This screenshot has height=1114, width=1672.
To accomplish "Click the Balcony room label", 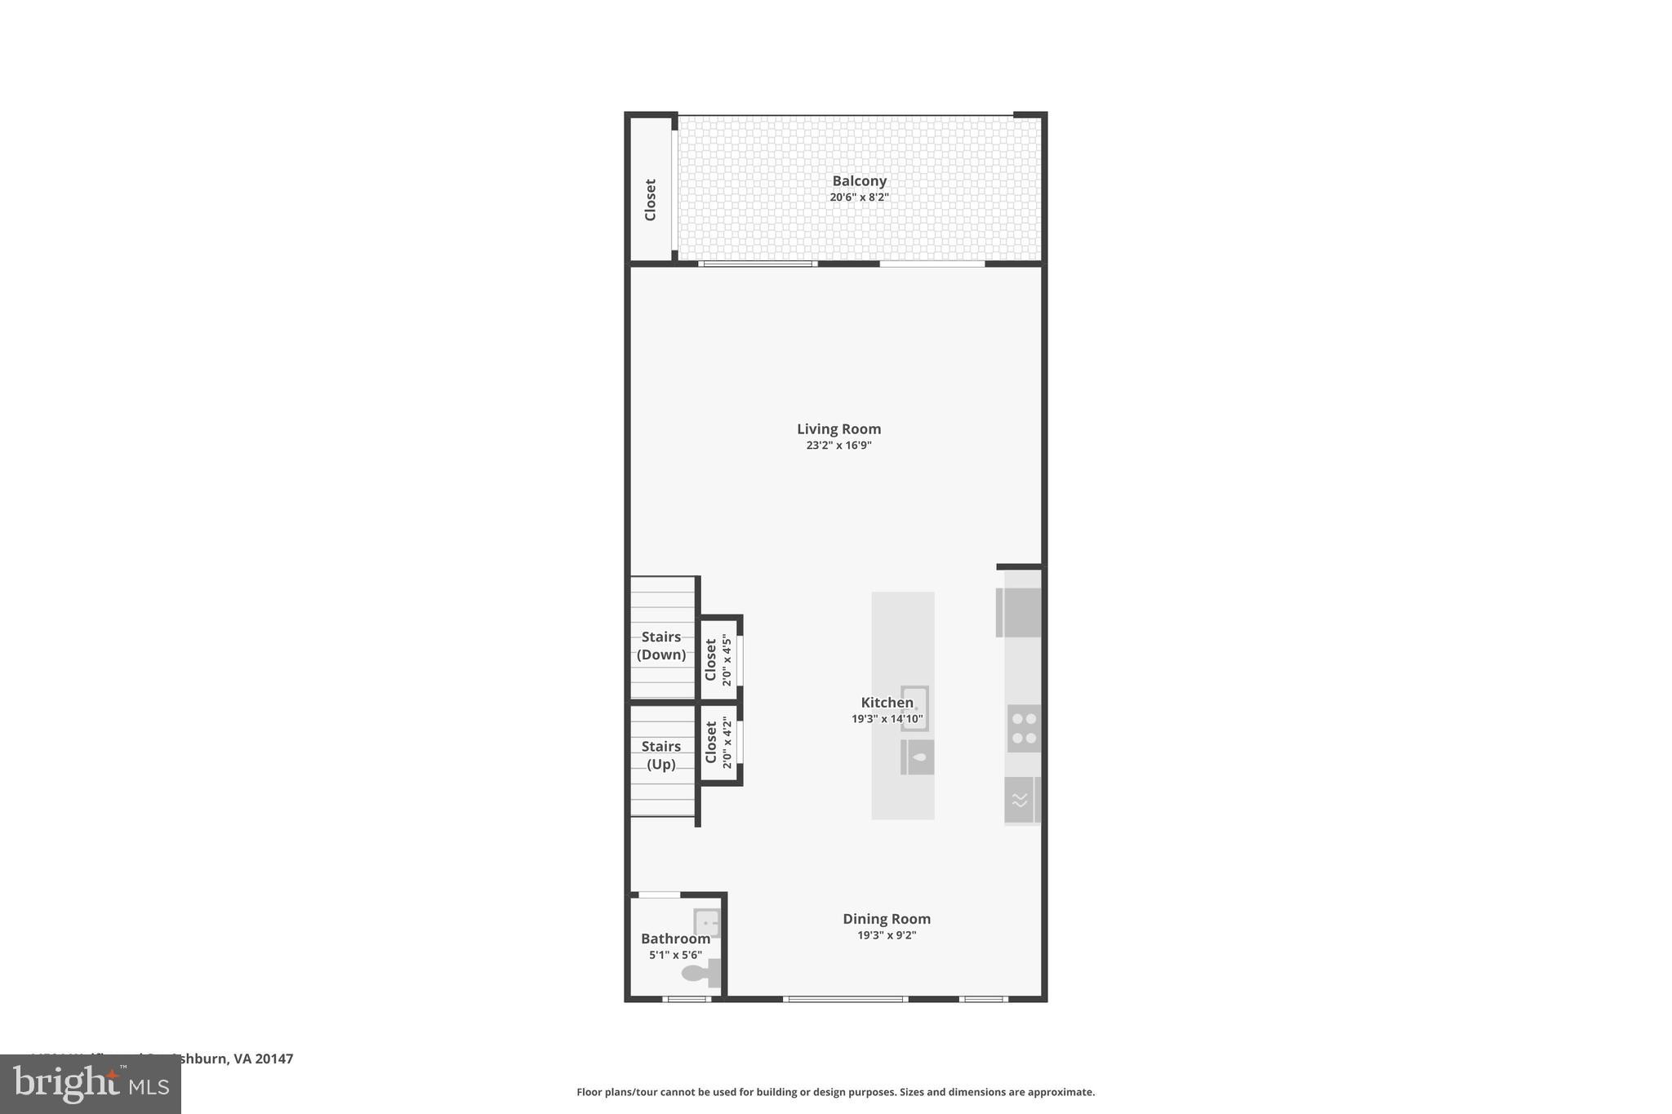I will (859, 181).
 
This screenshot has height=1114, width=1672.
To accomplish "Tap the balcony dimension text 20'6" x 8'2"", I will (859, 198).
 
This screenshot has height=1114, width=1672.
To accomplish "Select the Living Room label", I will (838, 429).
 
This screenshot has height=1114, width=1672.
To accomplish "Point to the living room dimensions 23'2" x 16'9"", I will (838, 446).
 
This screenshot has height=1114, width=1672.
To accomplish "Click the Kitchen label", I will (887, 703).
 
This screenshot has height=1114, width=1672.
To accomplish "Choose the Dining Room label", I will (887, 919).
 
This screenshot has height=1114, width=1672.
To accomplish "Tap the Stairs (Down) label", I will (661, 646).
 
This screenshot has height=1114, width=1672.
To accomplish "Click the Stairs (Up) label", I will (661, 755).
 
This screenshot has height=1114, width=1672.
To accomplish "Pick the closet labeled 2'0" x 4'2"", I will (718, 743).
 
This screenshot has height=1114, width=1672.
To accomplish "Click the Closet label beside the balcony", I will (651, 200).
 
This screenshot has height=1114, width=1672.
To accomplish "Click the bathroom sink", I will (707, 923).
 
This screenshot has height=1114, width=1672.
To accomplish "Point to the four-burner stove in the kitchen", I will (1023, 728).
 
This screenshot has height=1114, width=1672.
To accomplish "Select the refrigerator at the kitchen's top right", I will (1020, 612).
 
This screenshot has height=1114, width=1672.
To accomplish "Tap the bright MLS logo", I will (91, 1085).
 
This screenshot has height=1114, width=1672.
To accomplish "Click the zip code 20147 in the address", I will (273, 1059).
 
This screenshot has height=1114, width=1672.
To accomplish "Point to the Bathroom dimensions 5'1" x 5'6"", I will (675, 955).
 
